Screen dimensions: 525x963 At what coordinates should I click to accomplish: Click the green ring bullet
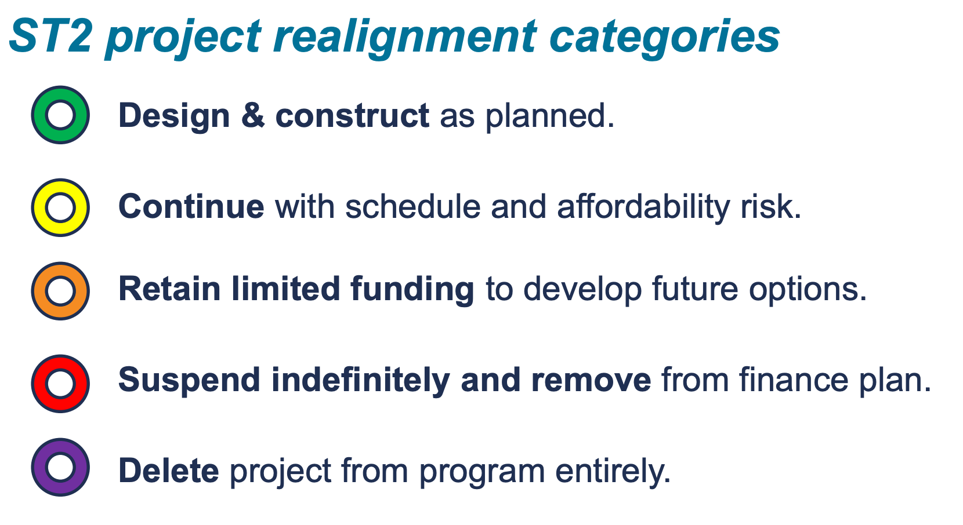pyautogui.click(x=60, y=115)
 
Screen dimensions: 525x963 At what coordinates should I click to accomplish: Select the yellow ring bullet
pyautogui.click(x=60, y=207)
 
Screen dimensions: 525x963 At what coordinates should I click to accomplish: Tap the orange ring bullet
pyautogui.click(x=60, y=291)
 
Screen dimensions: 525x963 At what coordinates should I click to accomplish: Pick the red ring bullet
pyautogui.click(x=60, y=384)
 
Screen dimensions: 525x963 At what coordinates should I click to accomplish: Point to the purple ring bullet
pyautogui.click(x=60, y=467)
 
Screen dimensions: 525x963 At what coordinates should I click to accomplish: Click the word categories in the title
pyautogui.click(x=665, y=36)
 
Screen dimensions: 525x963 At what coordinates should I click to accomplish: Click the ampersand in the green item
pyautogui.click(x=253, y=115)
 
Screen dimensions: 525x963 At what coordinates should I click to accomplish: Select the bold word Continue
pyautogui.click(x=191, y=206)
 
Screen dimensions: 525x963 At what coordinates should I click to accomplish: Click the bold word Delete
pyautogui.click(x=168, y=471)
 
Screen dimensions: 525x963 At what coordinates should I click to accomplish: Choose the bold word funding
pyautogui.click(x=412, y=289)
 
